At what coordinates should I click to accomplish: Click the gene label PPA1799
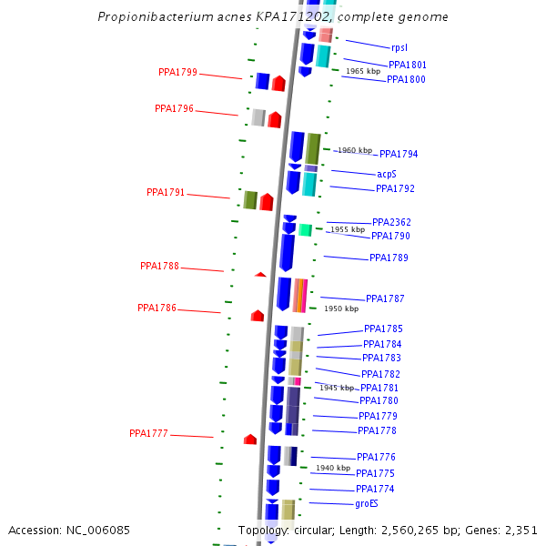tap(177, 72)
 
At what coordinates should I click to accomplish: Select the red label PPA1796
tap(174, 108)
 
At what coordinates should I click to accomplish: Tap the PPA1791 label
tap(166, 192)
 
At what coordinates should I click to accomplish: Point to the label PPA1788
tap(159, 266)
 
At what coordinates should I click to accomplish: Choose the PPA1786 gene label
tap(157, 308)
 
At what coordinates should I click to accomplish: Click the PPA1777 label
tap(148, 433)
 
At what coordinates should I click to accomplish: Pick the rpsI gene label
tap(399, 46)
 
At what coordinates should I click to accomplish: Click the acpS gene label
tap(387, 174)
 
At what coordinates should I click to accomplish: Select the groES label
tap(367, 503)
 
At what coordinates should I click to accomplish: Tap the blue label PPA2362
tap(391, 222)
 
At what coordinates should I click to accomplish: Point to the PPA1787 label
tap(385, 298)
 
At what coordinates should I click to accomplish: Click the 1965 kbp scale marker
tap(362, 71)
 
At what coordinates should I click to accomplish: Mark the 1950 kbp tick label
tap(341, 308)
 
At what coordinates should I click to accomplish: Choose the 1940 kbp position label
tap(333, 468)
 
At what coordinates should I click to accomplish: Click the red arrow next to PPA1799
tap(278, 84)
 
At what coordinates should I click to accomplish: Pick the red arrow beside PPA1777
tap(250, 440)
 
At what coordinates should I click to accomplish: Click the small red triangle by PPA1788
tap(260, 274)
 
